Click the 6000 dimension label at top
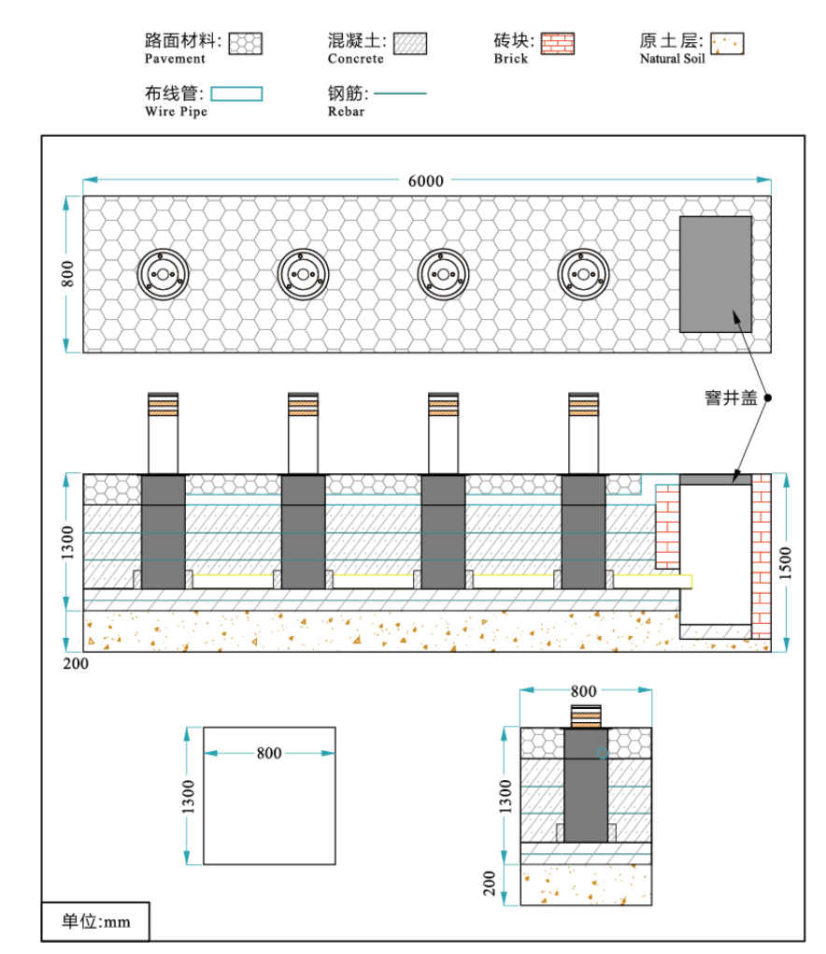[x=425, y=181]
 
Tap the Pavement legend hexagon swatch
[x=247, y=43]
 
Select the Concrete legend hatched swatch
[x=410, y=43]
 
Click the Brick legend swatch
[x=557, y=43]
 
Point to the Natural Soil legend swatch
[x=727, y=43]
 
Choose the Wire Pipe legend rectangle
[x=236, y=94]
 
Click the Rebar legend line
[x=400, y=94]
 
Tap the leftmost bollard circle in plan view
[x=164, y=274]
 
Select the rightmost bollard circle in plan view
[x=584, y=274]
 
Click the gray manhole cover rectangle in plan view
[x=715, y=274]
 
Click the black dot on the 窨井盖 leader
[x=768, y=397]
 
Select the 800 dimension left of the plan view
[x=67, y=274]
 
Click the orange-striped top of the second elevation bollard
[x=304, y=404]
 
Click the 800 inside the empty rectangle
[x=269, y=753]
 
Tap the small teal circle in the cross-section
[x=604, y=753]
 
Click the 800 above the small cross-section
[x=584, y=691]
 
